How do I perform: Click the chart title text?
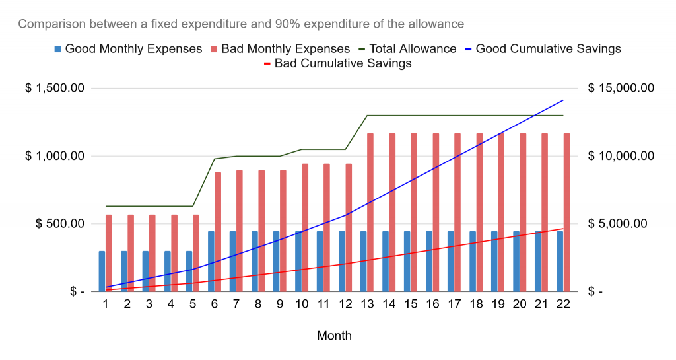pos(241,24)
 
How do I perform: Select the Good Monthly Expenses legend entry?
pos(128,49)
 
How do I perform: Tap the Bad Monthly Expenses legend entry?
pos(280,49)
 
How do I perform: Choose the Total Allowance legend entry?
pos(407,49)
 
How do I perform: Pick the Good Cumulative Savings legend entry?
pos(543,49)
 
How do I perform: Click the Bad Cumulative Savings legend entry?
pos(337,63)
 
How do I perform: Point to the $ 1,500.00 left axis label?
pos(55,88)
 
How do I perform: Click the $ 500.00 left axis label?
pos(60,223)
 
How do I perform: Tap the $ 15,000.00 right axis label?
pos(621,88)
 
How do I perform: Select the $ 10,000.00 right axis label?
pos(621,156)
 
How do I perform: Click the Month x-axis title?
pos(334,336)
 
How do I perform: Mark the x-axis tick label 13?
pos(367,304)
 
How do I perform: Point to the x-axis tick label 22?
pos(563,304)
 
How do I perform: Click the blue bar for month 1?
pos(102,271)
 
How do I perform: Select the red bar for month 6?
pos(218,232)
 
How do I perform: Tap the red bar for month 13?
pos(370,213)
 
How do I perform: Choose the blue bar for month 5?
pos(189,271)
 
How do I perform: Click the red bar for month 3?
pos(152,253)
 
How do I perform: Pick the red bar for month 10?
pos(305,228)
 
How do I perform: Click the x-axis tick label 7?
pos(236,304)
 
